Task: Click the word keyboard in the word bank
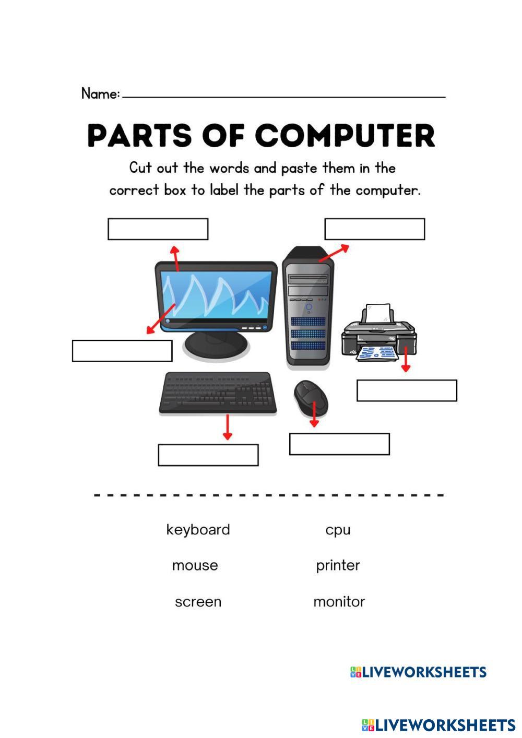pos(198,530)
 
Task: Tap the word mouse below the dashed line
pos(195,566)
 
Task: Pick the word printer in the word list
pos(338,566)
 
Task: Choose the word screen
pos(198,602)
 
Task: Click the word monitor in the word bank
pos(339,602)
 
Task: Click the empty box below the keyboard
pos(208,455)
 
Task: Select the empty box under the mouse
pos(339,444)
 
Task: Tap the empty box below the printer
pos(407,390)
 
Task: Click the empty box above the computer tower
pos(375,229)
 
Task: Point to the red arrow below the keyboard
pos(228,427)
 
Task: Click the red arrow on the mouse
pos(314,414)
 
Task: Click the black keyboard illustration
pos(218,392)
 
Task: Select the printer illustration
pos(379,333)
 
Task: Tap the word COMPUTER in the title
pos(345,135)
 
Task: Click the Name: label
pos(101,93)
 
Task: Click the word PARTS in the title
pos(139,135)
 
